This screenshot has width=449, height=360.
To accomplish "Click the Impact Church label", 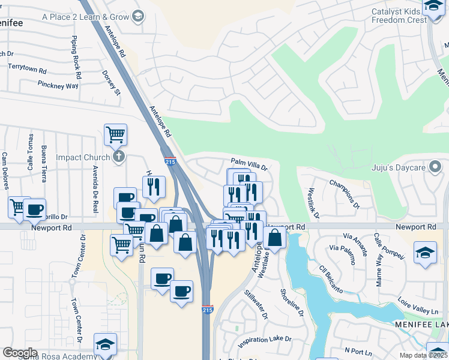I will (83, 157).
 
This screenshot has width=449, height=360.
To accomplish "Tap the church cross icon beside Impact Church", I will (119, 157).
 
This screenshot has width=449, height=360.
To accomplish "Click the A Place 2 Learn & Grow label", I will (85, 17).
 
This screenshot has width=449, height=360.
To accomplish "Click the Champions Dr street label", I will (344, 193).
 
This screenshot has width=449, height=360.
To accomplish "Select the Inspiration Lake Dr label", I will (264, 340).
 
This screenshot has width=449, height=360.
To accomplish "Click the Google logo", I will (20, 353).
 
